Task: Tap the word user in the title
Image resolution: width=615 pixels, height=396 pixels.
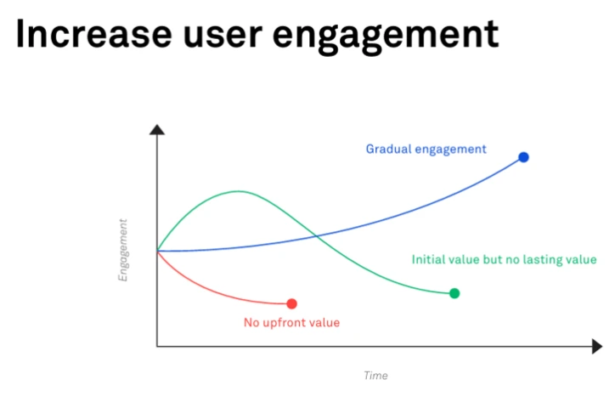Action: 223,37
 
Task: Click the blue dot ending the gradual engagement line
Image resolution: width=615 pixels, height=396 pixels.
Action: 523,157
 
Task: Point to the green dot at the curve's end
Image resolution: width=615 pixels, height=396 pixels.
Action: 454,293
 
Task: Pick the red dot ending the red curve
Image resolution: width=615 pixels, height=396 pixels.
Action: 291,303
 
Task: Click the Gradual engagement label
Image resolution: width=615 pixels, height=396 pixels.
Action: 426,150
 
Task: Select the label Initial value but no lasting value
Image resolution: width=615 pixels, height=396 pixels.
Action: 504,259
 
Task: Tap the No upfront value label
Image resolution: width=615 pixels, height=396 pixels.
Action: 291,323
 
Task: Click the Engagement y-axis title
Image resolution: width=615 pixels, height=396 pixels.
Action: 123,250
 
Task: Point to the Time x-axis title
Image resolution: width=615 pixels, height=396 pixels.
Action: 375,376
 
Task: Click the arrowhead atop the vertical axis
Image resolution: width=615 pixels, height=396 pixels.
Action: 157,129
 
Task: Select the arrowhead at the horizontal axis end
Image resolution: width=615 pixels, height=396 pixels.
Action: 597,347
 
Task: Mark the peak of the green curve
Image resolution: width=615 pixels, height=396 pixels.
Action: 239,191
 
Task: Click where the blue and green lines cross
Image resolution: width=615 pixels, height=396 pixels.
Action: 316,236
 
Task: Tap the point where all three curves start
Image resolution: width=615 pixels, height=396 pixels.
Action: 157,251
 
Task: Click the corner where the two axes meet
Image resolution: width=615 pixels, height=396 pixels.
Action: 157,347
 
